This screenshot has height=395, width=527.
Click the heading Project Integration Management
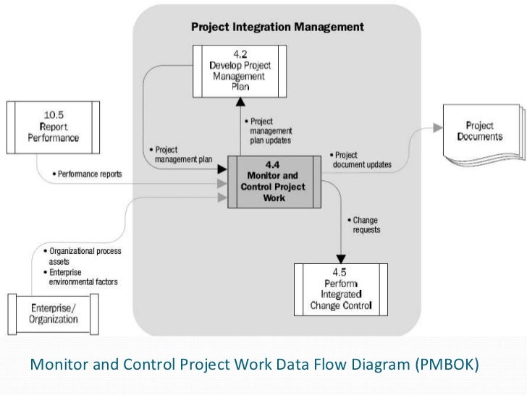click(277, 27)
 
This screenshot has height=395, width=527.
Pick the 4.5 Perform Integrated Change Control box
click(340, 287)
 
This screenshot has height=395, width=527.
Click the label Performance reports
click(90, 174)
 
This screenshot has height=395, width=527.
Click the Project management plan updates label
click(269, 130)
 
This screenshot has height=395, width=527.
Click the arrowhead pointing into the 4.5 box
click(341, 258)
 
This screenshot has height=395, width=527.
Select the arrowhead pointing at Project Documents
click(438, 127)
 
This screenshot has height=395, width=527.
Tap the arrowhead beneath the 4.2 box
click(240, 104)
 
